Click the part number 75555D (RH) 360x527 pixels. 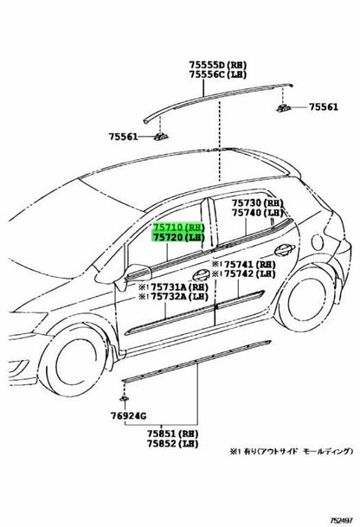(217, 65)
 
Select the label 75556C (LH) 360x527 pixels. (217, 74)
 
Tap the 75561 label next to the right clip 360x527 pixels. (324, 107)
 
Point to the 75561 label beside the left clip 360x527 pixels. (123, 137)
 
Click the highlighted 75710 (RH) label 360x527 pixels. (179, 228)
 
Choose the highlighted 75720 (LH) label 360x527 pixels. (179, 237)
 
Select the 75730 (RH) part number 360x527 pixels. (258, 203)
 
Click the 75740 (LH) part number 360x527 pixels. (258, 213)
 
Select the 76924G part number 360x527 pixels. (128, 416)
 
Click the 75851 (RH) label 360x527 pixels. (172, 434)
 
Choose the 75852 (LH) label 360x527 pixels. (172, 444)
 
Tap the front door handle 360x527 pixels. (201, 274)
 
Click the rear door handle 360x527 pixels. (285, 249)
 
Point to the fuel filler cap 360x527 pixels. (318, 241)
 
